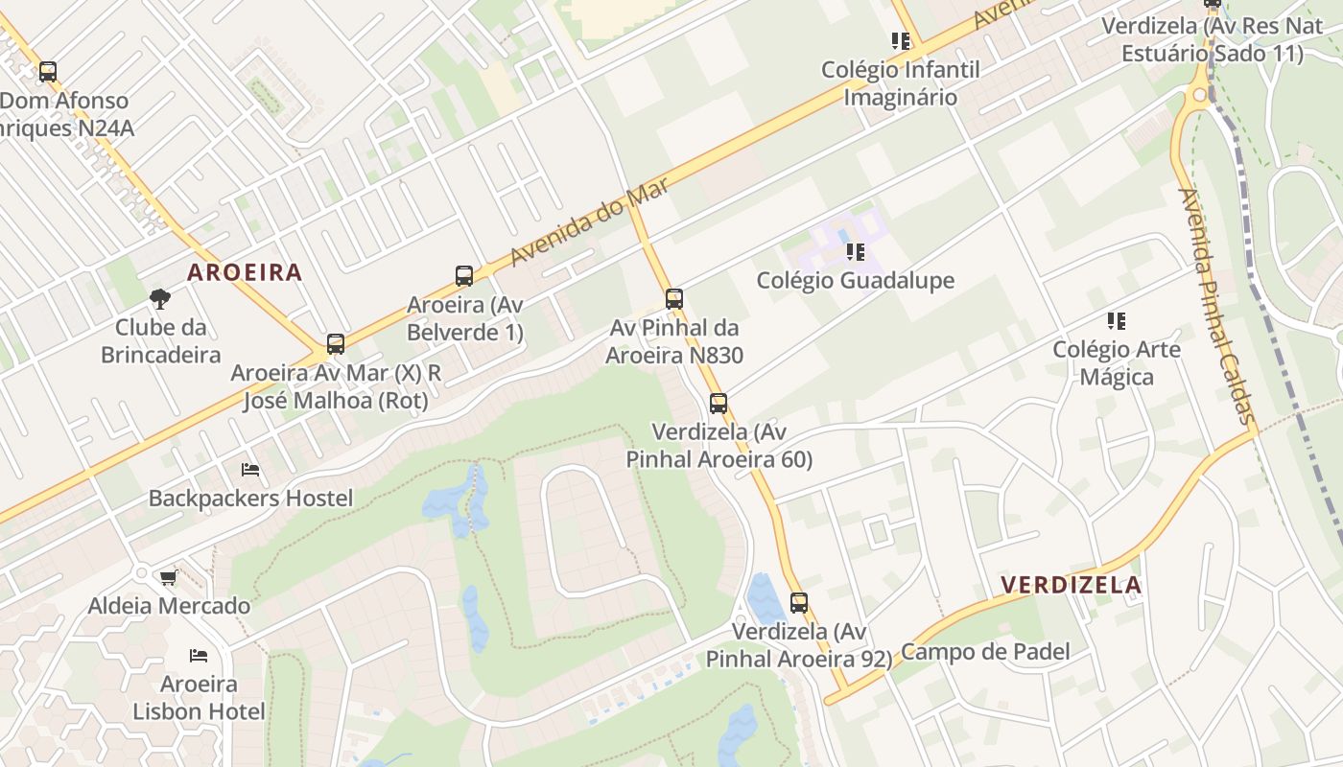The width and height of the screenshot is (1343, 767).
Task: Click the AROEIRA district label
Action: (x=245, y=272)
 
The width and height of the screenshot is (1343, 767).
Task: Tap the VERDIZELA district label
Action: (x=1071, y=585)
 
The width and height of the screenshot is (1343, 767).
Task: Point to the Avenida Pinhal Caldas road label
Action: (x=1216, y=305)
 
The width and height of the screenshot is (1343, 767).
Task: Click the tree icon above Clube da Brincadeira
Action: (x=160, y=299)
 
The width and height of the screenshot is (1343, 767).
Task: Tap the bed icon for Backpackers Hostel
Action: (x=250, y=470)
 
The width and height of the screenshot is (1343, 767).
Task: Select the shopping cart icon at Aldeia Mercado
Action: (x=169, y=577)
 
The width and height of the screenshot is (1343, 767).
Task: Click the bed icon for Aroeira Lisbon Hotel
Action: (x=199, y=656)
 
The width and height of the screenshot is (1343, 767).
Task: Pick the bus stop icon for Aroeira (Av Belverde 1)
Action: (x=464, y=276)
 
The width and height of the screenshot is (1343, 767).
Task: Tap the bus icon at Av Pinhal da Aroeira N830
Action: (x=674, y=299)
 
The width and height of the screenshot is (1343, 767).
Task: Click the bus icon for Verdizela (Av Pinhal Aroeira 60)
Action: (x=719, y=404)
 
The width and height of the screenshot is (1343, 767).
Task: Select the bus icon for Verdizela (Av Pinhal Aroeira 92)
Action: (x=799, y=603)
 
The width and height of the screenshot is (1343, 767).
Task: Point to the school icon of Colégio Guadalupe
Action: (x=856, y=252)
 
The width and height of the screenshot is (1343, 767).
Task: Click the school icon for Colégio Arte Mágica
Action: (x=1117, y=321)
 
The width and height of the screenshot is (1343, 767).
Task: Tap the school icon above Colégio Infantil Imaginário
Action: (x=901, y=41)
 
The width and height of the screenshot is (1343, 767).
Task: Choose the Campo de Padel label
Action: (x=985, y=652)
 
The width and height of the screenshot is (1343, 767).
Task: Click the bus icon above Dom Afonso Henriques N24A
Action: (x=48, y=72)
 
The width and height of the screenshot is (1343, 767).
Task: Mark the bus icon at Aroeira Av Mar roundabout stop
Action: (x=336, y=344)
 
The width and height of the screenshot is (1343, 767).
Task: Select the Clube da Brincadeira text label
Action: (x=160, y=340)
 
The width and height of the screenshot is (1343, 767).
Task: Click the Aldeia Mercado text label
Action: (x=169, y=606)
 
